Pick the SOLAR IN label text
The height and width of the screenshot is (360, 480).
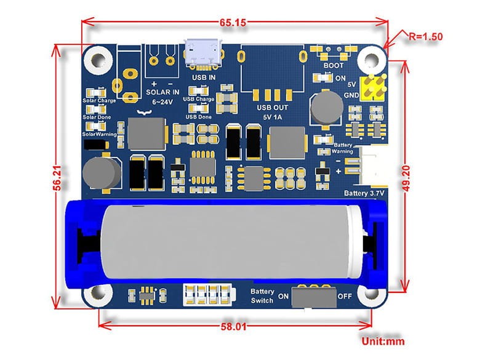point(162,92)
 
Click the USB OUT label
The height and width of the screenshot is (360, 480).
point(272,108)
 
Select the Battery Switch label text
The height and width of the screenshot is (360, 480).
point(262,295)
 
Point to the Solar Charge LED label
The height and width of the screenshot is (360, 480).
point(98,100)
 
